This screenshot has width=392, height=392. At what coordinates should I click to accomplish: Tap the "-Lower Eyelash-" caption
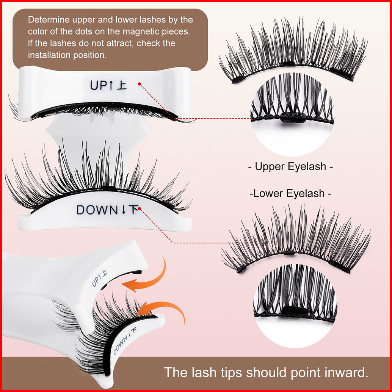(290, 194)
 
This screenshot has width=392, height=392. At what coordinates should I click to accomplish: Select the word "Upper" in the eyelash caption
(271, 166)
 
